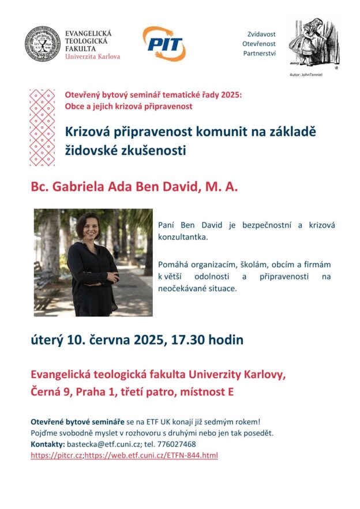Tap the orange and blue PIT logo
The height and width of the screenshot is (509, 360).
(164, 43)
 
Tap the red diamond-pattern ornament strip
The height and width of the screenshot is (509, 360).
(42, 127)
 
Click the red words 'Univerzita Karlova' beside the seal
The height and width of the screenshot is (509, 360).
(93, 56)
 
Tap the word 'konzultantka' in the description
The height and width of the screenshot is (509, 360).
(182, 236)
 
